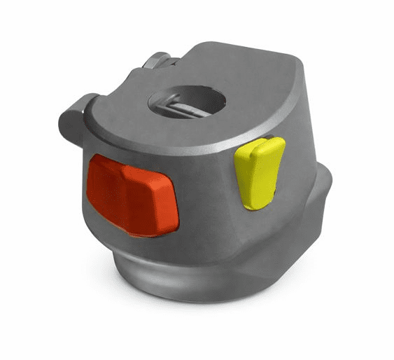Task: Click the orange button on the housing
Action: pyautogui.click(x=133, y=193)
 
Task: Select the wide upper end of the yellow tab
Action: pyautogui.click(x=262, y=148)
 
